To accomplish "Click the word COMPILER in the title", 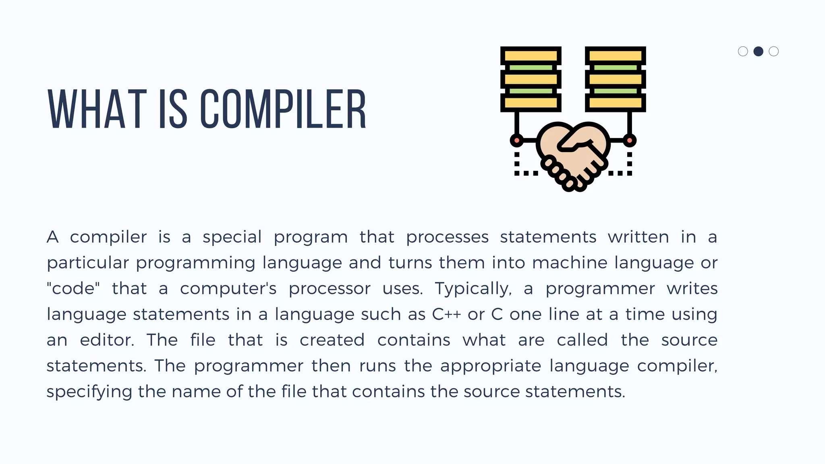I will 283,109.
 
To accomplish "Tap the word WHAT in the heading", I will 97,109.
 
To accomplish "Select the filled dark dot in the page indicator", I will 758,52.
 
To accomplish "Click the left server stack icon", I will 531,79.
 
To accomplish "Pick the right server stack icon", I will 615,79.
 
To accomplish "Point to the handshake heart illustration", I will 573,155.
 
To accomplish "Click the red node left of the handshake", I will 516,141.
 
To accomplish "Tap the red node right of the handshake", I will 629,141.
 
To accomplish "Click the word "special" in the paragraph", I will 232,237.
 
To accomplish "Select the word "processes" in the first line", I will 447,237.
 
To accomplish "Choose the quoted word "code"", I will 73,288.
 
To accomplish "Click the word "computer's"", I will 228,288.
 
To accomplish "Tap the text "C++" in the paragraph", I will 446,314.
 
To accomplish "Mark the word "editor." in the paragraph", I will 107,340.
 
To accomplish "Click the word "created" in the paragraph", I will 332,340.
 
